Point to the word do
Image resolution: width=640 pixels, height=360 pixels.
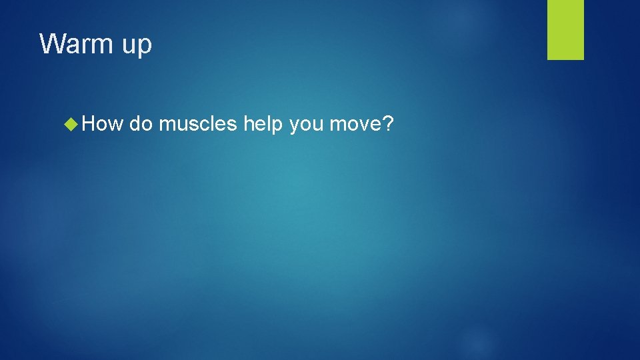[141, 123]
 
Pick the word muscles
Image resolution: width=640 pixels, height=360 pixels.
[197, 123]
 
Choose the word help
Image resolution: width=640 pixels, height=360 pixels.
[263, 125]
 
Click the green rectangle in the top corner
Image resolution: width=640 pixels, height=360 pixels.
[565, 29]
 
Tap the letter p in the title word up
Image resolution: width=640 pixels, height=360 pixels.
[145, 47]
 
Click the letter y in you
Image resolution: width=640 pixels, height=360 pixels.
[295, 126]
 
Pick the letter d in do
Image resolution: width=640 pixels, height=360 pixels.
[135, 123]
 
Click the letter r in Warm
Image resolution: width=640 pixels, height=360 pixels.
[87, 46]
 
